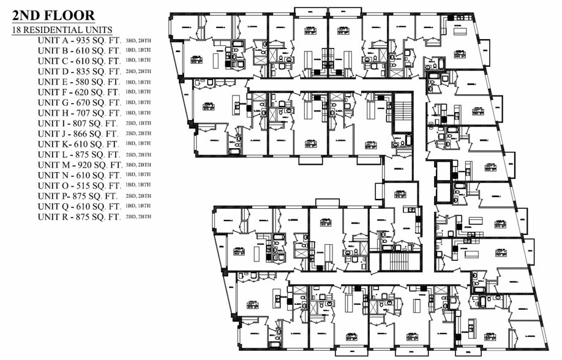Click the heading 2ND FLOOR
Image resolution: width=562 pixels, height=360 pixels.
54,15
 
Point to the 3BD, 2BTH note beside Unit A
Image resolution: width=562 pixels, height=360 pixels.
138,40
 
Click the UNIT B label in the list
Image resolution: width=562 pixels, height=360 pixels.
52,50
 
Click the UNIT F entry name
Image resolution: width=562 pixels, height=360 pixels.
52,92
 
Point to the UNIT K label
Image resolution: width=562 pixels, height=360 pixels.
51,144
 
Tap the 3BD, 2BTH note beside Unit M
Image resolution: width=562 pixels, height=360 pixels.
138,165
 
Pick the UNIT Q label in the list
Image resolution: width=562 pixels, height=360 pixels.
52,206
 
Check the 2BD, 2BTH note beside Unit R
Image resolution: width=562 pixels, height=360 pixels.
138,217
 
